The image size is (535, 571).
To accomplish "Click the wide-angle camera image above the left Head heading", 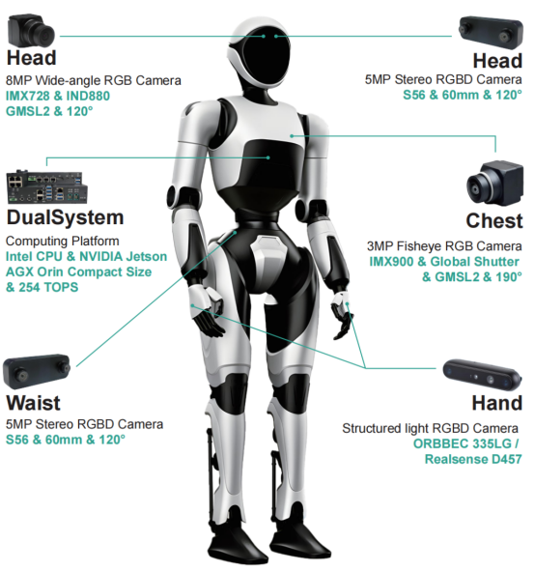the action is coord(31,30).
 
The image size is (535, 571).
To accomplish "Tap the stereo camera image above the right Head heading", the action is coord(491,33).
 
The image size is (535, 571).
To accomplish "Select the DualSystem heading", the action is coord(65,217).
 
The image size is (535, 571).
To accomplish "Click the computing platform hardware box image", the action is coord(47,187).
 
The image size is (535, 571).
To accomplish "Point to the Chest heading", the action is coord(494,220).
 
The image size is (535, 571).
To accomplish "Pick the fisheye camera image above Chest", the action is coord(495,183).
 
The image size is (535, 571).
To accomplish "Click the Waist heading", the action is coord(33,403).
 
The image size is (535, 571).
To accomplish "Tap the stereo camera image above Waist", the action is coord(37,371).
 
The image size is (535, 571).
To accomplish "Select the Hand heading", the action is coord(497,403).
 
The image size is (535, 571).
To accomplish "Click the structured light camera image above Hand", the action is coord(482,375).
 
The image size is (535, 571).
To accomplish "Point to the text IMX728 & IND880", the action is coord(58,96).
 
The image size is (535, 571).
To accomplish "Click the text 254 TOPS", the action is coord(48,287).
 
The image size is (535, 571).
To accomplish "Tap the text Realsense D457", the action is coord(473,459).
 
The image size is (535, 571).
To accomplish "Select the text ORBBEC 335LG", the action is coord(463,443).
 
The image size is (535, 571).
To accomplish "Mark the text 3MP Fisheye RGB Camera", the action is coord(444,246).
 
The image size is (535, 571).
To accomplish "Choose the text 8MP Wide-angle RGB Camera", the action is coord(94,80).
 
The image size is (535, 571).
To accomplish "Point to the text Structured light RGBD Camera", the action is coord(430,428).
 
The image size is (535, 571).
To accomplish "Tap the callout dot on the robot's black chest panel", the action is coord(268,157).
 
